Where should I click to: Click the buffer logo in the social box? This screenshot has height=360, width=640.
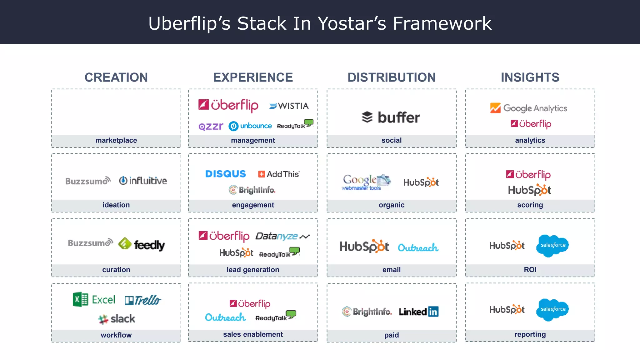click(x=391, y=117)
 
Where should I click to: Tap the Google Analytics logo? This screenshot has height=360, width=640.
click(x=528, y=108)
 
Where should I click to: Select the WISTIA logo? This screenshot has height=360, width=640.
click(x=289, y=106)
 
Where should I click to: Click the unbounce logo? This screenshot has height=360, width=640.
click(x=250, y=126)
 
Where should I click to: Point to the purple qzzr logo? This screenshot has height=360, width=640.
click(x=211, y=126)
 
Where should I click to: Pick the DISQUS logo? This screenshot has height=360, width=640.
click(x=225, y=174)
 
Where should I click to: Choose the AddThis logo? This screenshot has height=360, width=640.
click(x=279, y=174)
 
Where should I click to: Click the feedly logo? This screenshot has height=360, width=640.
click(x=142, y=244)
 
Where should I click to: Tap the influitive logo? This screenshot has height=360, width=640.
click(x=143, y=181)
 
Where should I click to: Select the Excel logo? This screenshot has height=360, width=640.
click(x=94, y=300)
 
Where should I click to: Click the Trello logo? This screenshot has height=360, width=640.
click(x=143, y=300)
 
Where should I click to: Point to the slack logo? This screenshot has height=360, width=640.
click(x=117, y=319)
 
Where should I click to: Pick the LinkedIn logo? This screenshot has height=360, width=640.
click(x=418, y=312)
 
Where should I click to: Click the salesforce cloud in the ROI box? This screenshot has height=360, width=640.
click(x=552, y=246)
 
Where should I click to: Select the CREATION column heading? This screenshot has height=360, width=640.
click(x=116, y=77)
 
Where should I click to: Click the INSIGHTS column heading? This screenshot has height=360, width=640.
click(x=530, y=77)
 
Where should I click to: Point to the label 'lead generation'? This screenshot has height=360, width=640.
click(x=253, y=270)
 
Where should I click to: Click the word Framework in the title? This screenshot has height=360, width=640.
click(x=442, y=23)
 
